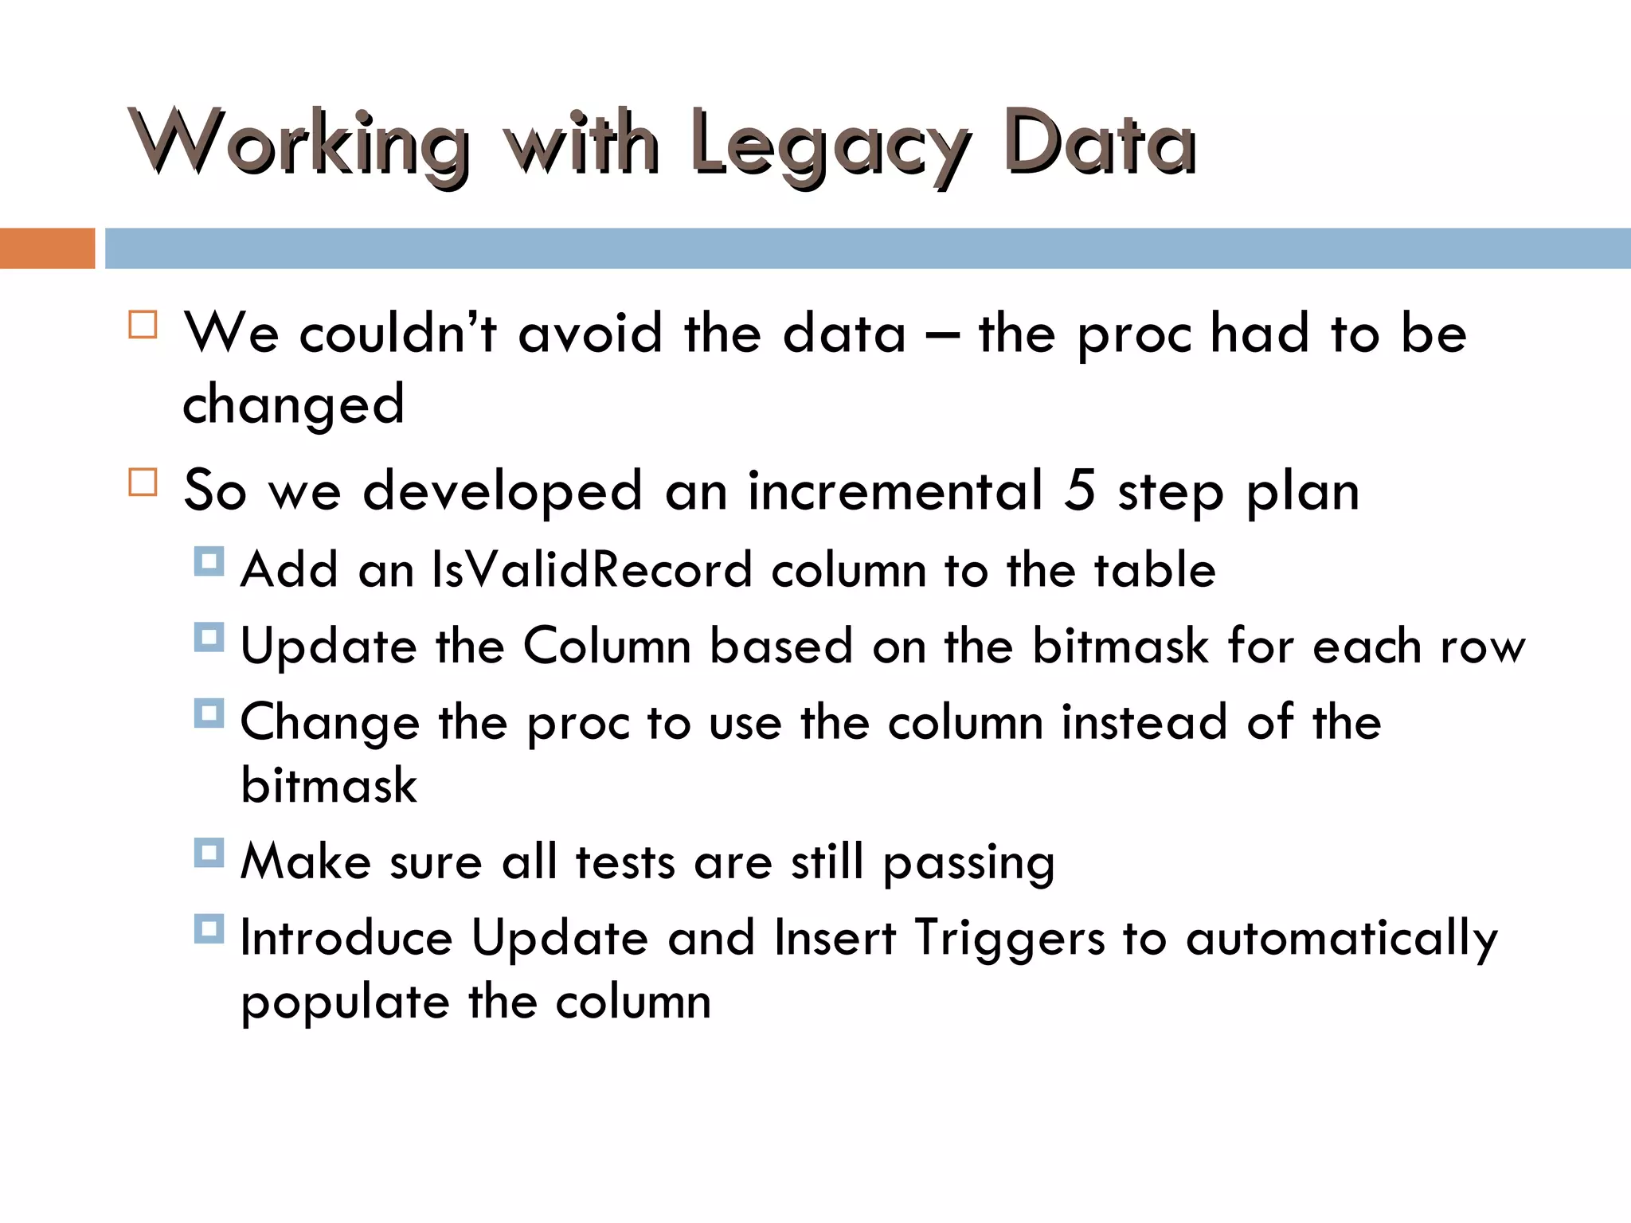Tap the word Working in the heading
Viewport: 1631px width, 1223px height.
click(300, 143)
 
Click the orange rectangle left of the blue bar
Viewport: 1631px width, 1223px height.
click(47, 248)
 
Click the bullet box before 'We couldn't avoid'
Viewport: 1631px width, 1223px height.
click(143, 325)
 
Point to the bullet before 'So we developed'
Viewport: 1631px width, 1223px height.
click(143, 483)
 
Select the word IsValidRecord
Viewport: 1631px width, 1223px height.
click(592, 569)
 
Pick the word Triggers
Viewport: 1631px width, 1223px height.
click(1009, 937)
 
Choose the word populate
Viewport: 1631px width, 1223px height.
click(345, 1002)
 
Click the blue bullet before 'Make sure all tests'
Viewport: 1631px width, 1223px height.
click(209, 853)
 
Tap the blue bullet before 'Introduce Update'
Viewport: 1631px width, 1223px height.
click(209, 928)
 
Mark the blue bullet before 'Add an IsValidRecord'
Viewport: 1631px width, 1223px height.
click(209, 561)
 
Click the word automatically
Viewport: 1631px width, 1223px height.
click(1341, 939)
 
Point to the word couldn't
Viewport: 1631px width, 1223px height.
click(398, 332)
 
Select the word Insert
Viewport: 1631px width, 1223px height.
click(835, 937)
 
